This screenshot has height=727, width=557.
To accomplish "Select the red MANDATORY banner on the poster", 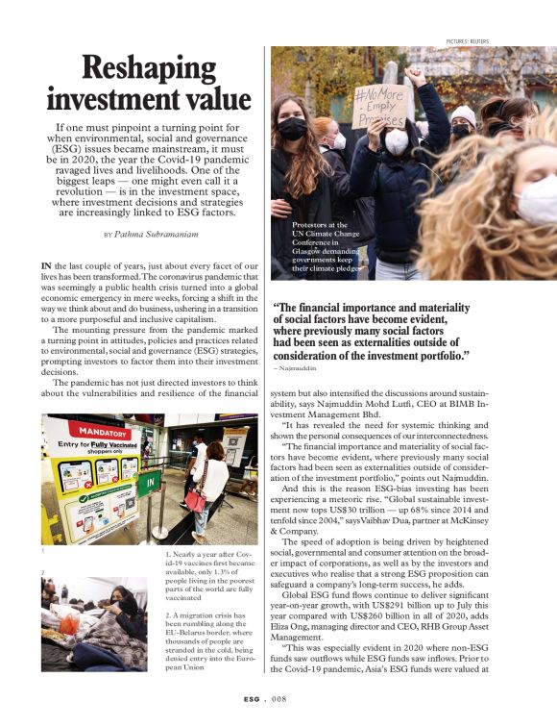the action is pyautogui.click(x=103, y=433).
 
